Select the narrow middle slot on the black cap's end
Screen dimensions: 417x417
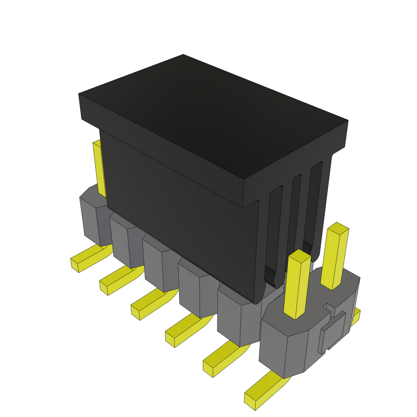click(x=295, y=212)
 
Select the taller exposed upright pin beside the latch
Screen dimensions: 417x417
click(x=335, y=257)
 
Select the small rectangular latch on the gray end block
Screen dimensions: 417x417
click(x=332, y=332)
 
